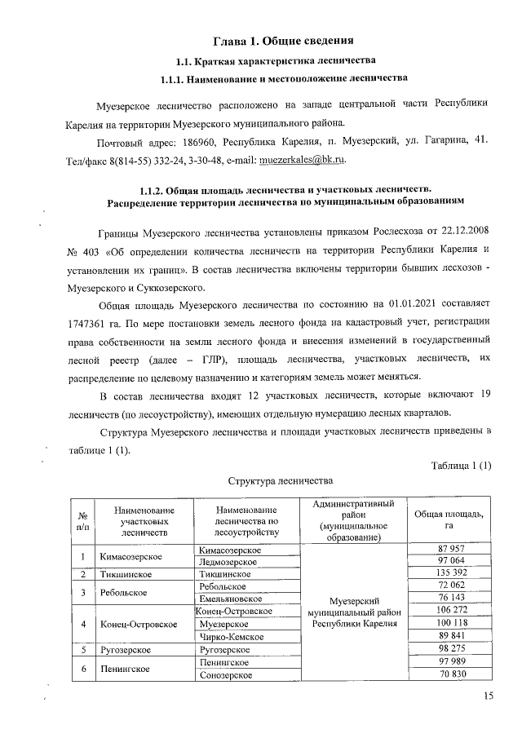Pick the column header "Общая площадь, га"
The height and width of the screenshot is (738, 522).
pyautogui.click(x=449, y=519)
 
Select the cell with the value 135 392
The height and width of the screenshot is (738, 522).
pyautogui.click(x=450, y=573)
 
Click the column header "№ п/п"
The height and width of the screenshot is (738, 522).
pyautogui.click(x=82, y=519)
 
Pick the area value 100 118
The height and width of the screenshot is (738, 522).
pyautogui.click(x=450, y=623)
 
